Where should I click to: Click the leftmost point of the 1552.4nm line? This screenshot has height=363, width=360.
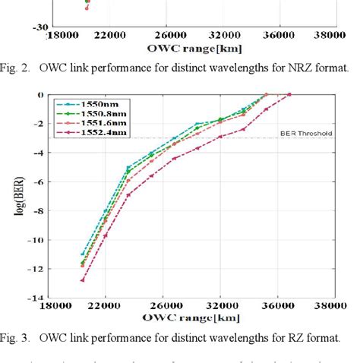82,279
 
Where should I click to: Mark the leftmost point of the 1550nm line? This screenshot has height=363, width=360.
82,254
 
